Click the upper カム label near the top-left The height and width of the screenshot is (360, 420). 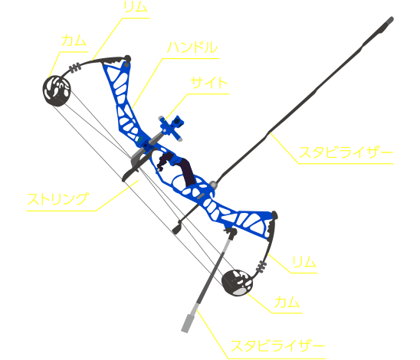click(74, 41)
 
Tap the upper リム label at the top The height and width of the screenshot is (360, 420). click(136, 7)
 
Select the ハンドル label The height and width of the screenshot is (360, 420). click(192, 47)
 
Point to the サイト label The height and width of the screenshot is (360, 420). click(209, 83)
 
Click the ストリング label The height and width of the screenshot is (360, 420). click(57, 199)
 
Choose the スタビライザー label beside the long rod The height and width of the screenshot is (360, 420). click(346, 152)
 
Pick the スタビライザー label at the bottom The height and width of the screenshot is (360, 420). click(277, 345)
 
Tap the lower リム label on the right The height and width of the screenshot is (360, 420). click(304, 262)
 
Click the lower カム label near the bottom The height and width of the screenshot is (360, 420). click(287, 303)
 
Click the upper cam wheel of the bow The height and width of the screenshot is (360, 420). click(57, 90)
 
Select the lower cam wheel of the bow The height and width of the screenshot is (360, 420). click(237, 283)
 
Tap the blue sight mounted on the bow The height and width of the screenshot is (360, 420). click(172, 127)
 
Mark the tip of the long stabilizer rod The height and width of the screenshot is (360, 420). click(392, 18)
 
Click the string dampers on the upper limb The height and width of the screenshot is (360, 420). click(75, 67)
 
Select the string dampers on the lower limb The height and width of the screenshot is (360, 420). click(261, 267)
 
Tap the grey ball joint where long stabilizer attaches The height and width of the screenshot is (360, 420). click(213, 185)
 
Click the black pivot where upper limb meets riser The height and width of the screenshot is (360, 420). click(128, 59)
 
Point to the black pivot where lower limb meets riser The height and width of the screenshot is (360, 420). click(274, 214)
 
